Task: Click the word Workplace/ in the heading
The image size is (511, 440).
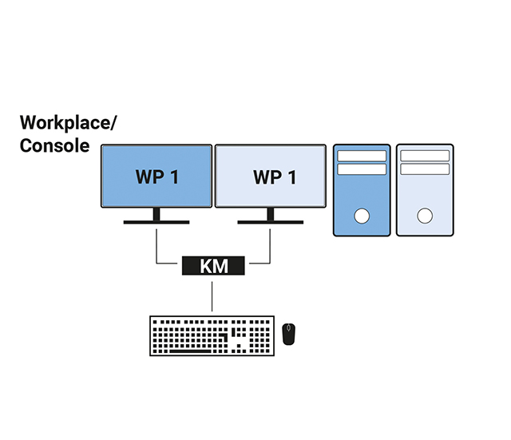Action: (x=68, y=123)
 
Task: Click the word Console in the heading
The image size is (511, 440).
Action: (x=54, y=146)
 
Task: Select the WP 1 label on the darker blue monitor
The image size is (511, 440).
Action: (x=156, y=176)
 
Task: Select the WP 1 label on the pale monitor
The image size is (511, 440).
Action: (x=274, y=176)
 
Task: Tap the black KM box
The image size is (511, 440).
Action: (x=214, y=266)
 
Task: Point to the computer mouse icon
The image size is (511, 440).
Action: (x=289, y=334)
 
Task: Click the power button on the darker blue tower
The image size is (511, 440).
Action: (x=362, y=216)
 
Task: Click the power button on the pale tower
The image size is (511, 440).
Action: (x=425, y=216)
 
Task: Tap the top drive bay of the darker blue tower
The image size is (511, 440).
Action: (x=362, y=156)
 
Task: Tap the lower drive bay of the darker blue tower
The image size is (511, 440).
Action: (x=362, y=169)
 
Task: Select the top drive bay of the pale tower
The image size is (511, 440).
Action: (x=425, y=156)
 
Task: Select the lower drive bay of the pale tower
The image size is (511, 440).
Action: (x=425, y=169)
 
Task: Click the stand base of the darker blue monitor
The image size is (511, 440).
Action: (x=156, y=222)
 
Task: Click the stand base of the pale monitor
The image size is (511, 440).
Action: (x=268, y=222)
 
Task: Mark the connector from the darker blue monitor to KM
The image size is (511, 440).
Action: (x=157, y=248)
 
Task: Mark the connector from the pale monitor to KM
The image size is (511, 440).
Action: (x=271, y=248)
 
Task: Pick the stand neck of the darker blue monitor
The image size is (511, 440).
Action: (x=156, y=213)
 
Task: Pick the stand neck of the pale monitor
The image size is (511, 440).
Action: (x=269, y=213)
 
